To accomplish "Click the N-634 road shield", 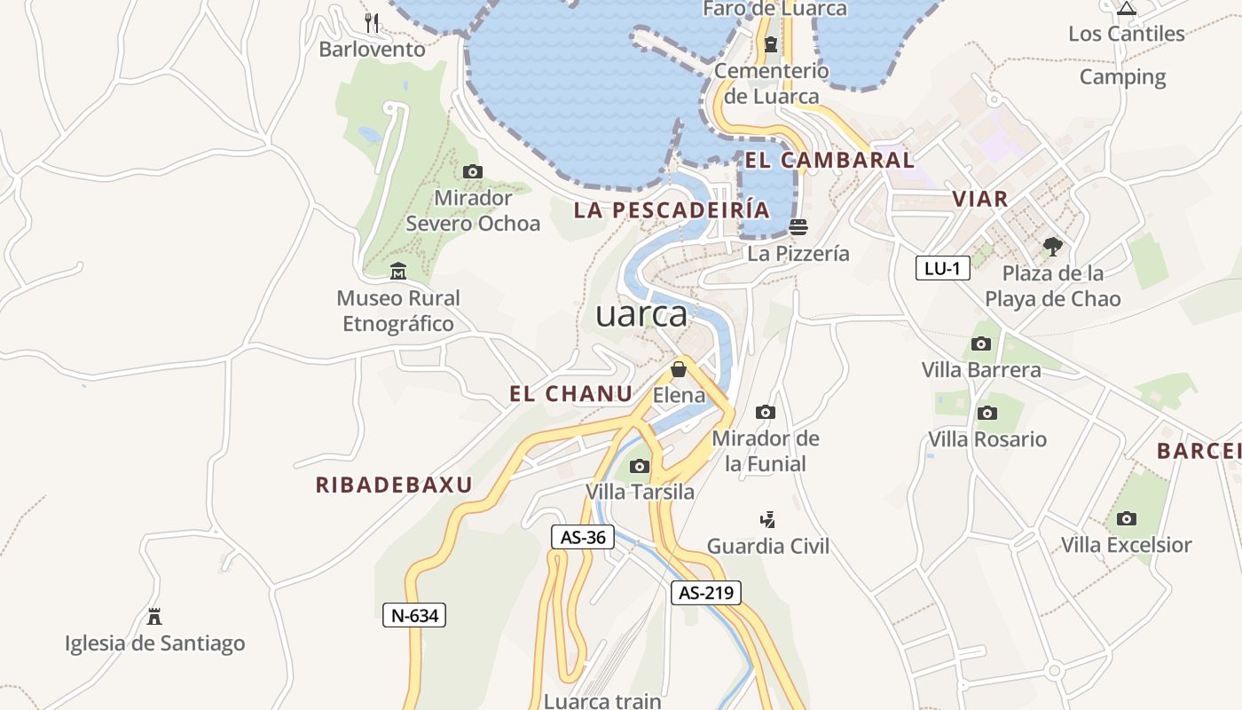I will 414,615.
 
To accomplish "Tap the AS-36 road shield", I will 583,537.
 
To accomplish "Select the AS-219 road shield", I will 705,593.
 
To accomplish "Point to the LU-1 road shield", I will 942,268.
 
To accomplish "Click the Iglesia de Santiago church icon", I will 154,616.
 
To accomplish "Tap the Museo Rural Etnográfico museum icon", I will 397,271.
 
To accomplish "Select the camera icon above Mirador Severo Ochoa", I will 473,171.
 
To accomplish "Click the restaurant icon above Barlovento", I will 373,22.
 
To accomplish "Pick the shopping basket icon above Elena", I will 679,368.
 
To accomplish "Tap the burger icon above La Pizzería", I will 798,226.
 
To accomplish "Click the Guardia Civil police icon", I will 768,519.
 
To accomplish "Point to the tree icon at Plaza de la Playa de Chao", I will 1052,246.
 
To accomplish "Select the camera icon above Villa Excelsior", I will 1126,518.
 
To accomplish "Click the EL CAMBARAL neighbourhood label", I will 829,161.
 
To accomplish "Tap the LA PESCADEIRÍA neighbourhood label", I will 672,210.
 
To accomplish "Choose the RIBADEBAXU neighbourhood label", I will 394,485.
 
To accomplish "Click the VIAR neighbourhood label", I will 980,199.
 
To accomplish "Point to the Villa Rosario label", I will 987,439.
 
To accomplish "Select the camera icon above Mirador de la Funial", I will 765,412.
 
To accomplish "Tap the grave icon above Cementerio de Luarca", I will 770,44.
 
